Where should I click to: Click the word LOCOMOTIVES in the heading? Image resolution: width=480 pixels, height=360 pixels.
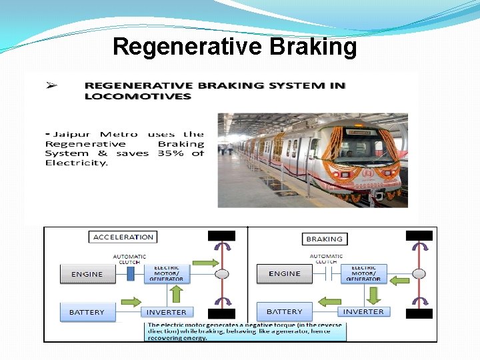tap(137, 96)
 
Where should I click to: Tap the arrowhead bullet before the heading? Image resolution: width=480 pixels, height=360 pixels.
tap(50, 85)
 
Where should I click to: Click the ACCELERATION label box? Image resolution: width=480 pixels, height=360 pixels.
tap(123, 237)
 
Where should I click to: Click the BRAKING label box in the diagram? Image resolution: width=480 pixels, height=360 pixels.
tap(324, 238)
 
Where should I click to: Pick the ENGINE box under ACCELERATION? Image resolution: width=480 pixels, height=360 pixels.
tap(87, 273)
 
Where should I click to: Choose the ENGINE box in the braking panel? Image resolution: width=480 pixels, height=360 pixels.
tap(285, 273)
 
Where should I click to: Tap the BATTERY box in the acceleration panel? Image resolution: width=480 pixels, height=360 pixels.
tap(87, 311)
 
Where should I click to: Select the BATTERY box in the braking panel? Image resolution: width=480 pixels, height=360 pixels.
tap(285, 311)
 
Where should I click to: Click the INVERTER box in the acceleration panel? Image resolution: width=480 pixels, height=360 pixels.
tap(167, 311)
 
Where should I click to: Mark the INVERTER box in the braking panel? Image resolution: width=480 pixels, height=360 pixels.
tap(363, 311)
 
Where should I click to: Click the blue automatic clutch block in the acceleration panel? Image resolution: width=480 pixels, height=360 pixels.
tap(131, 273)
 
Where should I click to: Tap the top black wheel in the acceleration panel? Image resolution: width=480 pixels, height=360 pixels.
tap(222, 235)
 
